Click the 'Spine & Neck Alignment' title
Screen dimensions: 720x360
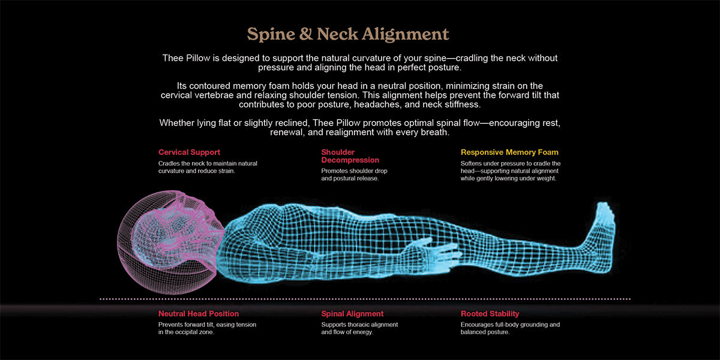348,34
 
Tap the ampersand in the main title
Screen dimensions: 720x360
305,34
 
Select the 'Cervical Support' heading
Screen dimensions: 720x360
189,152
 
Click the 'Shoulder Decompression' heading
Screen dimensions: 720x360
350,156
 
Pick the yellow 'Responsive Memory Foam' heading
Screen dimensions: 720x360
509,152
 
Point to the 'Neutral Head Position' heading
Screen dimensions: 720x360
199,314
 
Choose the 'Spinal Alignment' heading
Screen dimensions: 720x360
352,314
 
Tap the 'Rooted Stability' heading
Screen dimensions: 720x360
490,314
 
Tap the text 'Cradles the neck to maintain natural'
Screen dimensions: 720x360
208,163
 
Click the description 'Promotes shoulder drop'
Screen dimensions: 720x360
354,171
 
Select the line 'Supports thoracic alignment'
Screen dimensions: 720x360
359,325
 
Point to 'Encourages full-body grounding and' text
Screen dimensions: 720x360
510,325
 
